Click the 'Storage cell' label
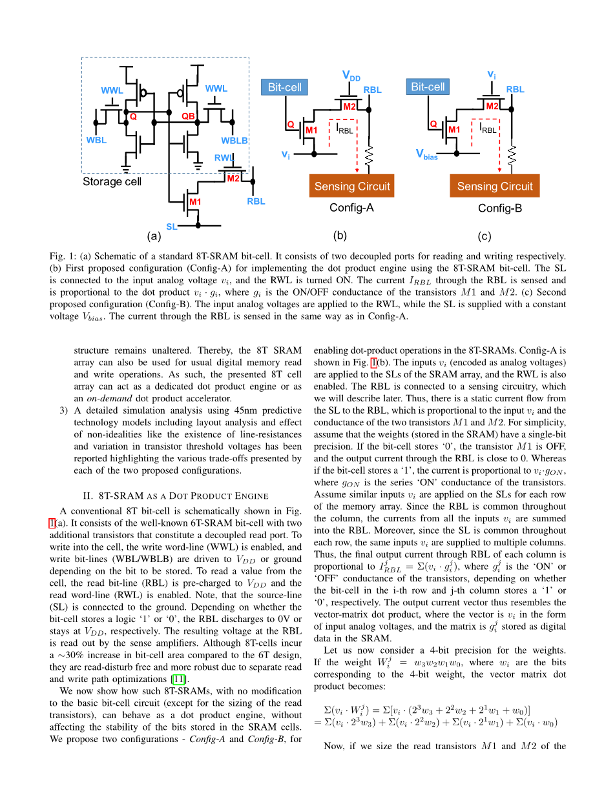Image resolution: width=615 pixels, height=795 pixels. [x=112, y=181]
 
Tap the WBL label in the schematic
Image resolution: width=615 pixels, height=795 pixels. [x=96, y=140]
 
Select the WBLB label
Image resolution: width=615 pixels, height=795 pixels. [x=235, y=141]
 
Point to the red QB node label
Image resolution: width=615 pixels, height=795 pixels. [x=188, y=117]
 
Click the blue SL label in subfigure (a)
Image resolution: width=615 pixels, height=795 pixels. [x=171, y=226]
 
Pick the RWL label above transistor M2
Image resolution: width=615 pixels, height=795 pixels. [x=224, y=158]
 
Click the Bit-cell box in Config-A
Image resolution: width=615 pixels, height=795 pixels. [x=284, y=87]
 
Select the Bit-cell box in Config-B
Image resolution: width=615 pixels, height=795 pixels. [x=428, y=87]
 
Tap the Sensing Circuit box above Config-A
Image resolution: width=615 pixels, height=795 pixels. [x=352, y=186]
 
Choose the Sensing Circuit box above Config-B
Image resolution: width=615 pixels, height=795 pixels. [x=495, y=186]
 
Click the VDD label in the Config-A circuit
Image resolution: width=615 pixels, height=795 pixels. [x=351, y=76]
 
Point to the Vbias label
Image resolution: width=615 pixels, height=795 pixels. [x=426, y=155]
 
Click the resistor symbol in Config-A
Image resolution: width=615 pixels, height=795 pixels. [x=369, y=156]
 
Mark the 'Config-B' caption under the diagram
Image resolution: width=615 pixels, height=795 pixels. [x=500, y=208]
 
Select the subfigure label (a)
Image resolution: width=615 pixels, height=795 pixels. [x=154, y=236]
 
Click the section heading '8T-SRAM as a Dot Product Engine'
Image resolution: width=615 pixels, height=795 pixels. [x=176, y=496]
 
